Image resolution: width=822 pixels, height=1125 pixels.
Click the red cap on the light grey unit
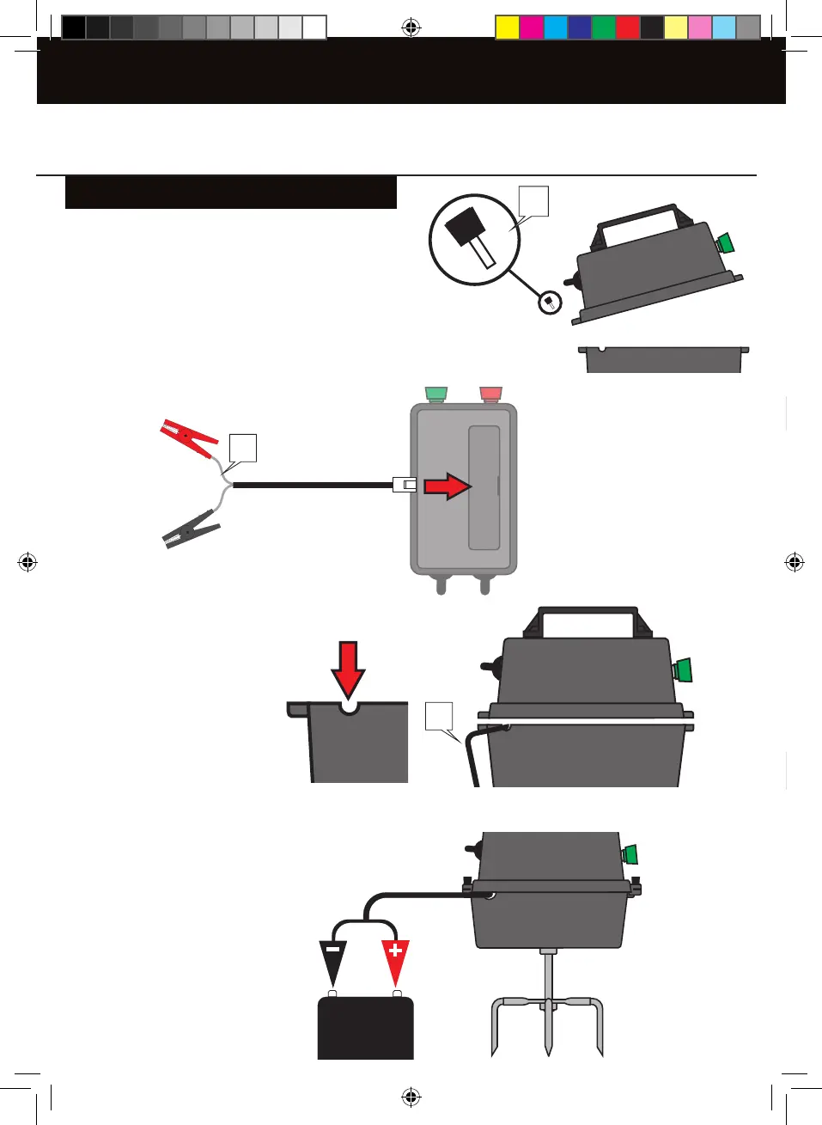490,394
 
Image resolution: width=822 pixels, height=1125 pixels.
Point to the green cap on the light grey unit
436,394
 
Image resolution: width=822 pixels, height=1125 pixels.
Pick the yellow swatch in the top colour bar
508,28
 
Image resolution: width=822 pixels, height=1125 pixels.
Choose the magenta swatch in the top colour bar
532,28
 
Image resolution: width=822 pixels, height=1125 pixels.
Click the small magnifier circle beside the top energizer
550,303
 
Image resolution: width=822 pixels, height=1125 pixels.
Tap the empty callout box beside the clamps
243,448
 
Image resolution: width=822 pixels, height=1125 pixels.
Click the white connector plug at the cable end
404,485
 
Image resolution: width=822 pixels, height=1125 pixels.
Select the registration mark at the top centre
411,28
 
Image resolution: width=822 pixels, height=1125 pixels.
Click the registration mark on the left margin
27,563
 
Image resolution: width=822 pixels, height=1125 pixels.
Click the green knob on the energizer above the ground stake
630,854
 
